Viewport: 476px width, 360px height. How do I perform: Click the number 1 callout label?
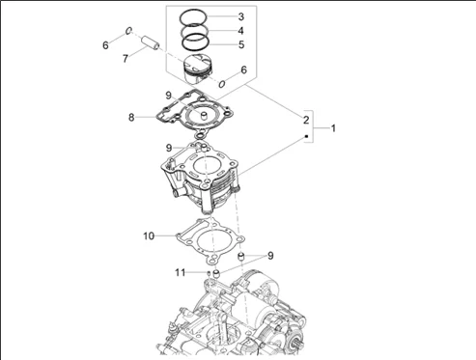click(333, 128)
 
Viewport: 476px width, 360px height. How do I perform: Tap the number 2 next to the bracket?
click(306, 120)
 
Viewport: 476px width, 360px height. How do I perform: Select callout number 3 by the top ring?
click(241, 16)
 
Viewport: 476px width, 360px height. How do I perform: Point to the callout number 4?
click(240, 31)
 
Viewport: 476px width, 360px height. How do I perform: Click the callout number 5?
click(241, 44)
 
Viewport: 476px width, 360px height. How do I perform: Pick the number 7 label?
click(126, 59)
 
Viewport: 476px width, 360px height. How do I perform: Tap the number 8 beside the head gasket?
click(131, 118)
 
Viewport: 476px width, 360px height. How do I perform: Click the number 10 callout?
click(149, 236)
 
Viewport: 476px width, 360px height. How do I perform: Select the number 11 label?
click(181, 273)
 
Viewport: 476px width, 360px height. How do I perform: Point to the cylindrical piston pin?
click(151, 43)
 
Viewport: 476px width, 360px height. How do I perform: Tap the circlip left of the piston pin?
click(128, 31)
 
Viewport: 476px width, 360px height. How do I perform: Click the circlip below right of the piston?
click(222, 84)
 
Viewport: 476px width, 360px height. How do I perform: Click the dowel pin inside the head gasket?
click(204, 116)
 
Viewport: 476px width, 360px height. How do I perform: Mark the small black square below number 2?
click(306, 136)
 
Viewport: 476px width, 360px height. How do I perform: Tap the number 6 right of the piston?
click(243, 69)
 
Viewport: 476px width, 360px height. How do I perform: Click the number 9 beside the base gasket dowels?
click(270, 256)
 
